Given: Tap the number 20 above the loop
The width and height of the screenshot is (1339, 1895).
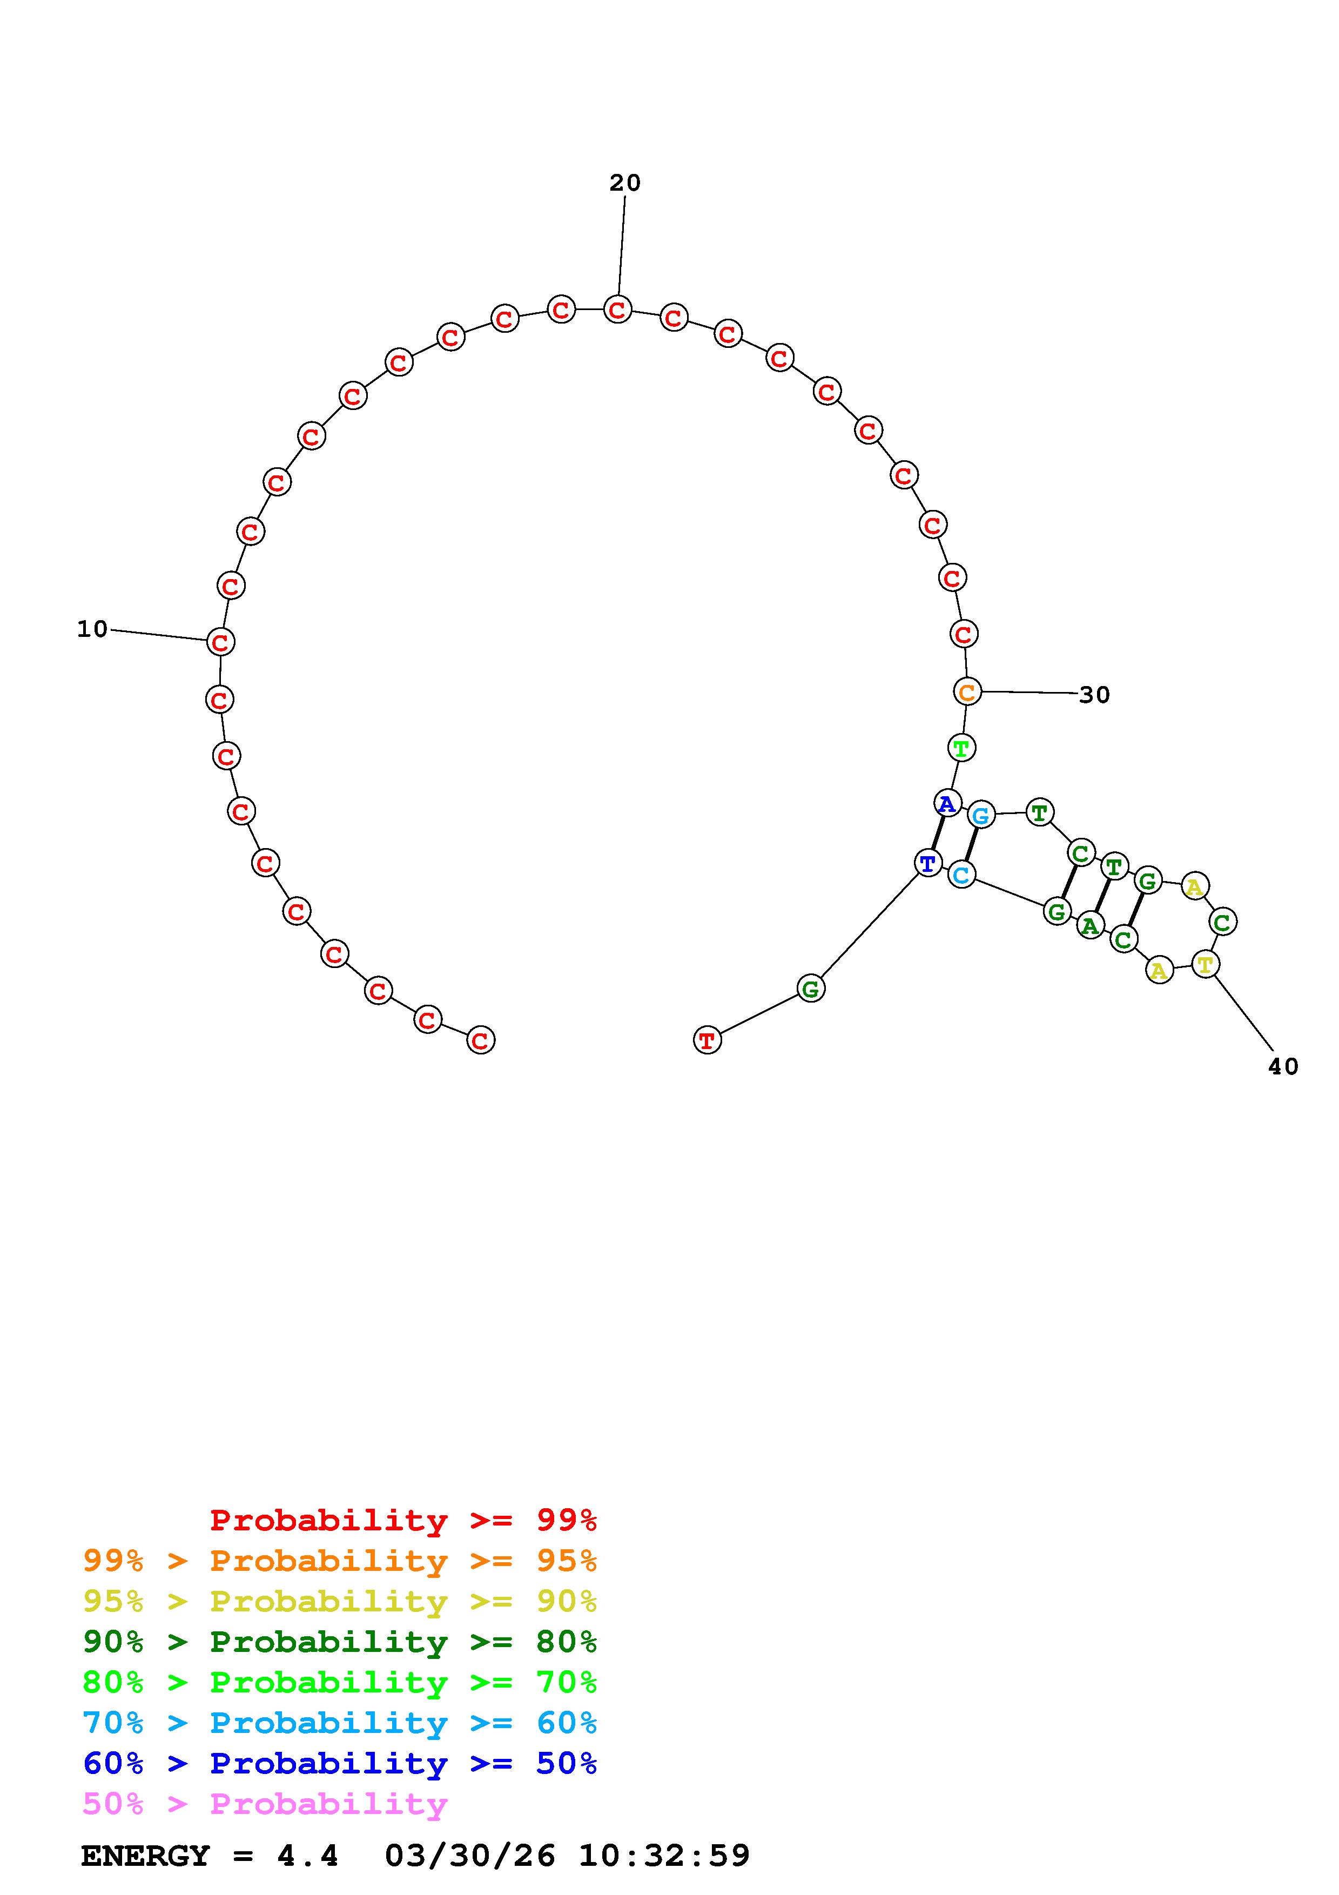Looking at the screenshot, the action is coord(624,183).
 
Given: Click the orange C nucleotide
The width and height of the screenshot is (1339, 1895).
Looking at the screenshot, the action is coord(967,691).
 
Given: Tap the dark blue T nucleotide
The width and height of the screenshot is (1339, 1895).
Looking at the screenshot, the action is coord(928,863).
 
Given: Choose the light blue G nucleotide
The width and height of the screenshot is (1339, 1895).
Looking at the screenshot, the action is coord(981,816).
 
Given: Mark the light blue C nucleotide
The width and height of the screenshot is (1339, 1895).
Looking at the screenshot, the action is coord(961,874).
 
